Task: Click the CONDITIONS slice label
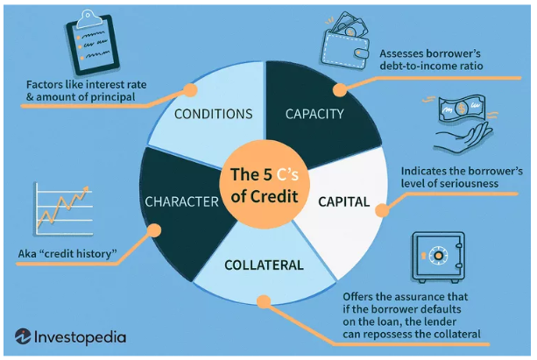click(x=213, y=114)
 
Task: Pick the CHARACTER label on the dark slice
click(x=181, y=202)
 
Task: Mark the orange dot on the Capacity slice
click(x=340, y=88)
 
